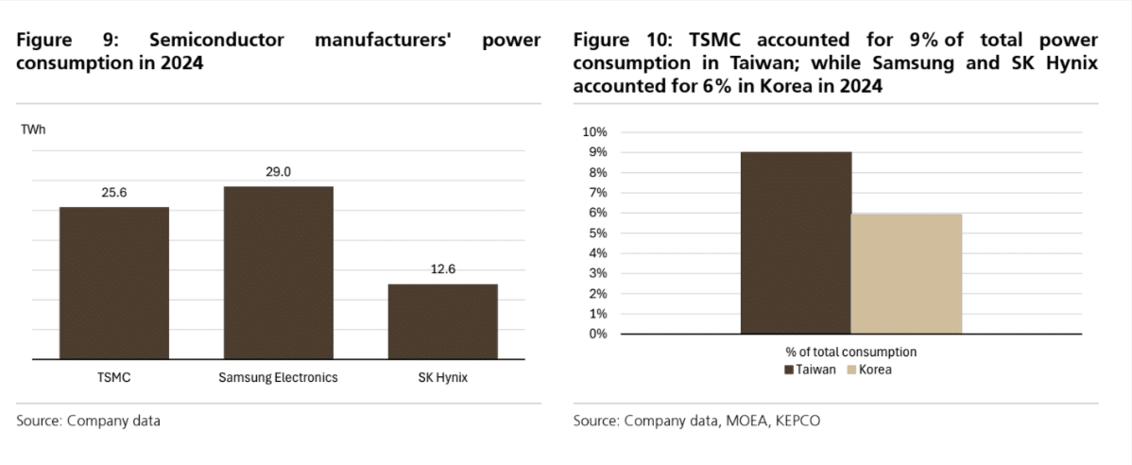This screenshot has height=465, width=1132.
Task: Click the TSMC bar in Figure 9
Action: pos(114,283)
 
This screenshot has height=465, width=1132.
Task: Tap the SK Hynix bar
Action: pos(442,321)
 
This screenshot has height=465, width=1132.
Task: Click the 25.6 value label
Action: pos(114,193)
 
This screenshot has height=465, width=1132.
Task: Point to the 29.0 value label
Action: pos(278,172)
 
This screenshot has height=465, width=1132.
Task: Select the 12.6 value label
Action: pos(442,269)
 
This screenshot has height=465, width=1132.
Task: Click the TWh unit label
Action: pos(33,130)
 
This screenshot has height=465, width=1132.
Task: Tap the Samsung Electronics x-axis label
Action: pos(278,378)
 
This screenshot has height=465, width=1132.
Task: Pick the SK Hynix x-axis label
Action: pos(442,378)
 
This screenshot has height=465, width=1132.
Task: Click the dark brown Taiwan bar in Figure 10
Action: pos(796,243)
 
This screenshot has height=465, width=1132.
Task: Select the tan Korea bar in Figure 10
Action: pos(907,273)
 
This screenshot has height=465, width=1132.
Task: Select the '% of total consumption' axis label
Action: pos(850,353)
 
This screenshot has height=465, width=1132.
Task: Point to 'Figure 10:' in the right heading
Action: pos(614,41)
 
